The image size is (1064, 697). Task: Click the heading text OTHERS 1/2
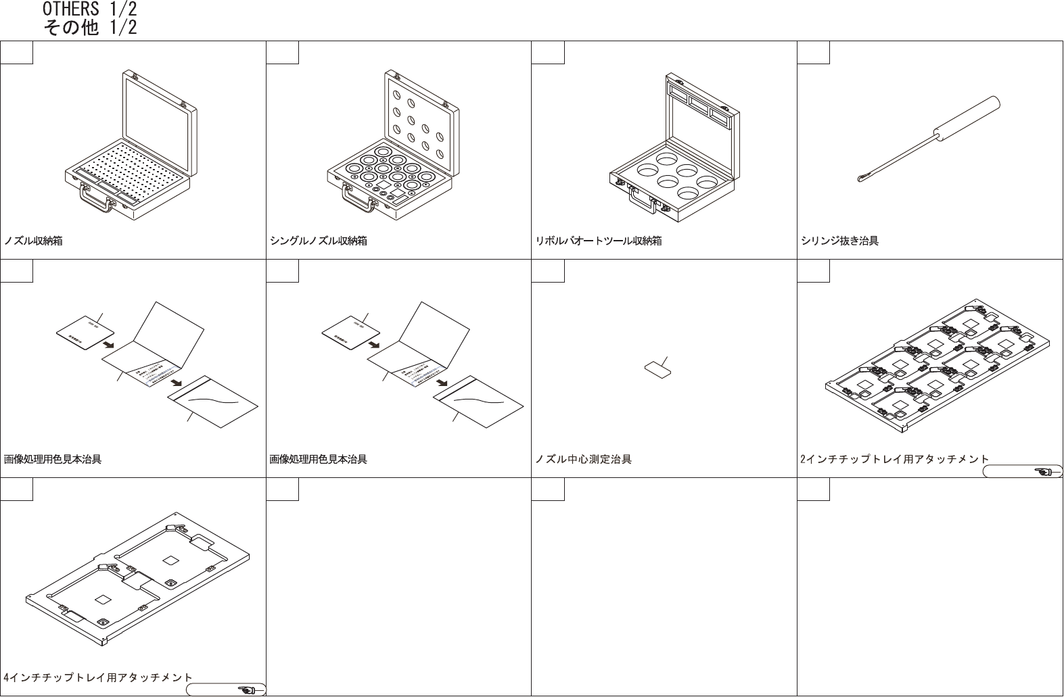[89, 9]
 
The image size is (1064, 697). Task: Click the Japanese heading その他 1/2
[89, 28]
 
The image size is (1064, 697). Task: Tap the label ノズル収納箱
[33, 241]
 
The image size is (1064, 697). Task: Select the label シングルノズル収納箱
[318, 241]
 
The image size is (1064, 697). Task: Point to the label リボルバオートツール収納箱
[598, 241]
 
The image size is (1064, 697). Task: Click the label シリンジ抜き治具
[839, 241]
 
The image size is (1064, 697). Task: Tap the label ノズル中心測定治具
[583, 460]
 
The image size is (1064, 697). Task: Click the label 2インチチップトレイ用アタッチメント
[894, 460]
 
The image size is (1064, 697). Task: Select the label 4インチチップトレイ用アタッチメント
[98, 677]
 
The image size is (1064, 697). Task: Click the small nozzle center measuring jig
[657, 369]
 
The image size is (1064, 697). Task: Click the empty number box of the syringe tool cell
[813, 52]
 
